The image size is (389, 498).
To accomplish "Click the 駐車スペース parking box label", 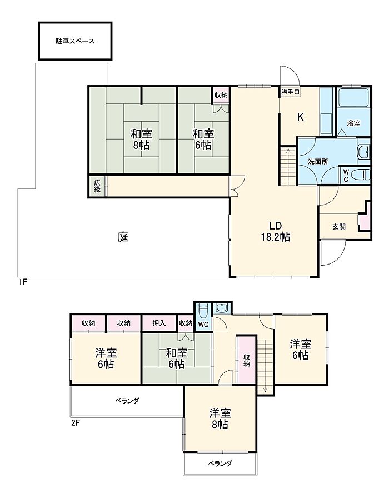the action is point(75,41).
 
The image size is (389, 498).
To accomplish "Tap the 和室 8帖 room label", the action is point(142,140).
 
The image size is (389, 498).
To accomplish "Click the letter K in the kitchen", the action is point(301,117).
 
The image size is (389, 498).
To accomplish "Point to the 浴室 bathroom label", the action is point(354,123).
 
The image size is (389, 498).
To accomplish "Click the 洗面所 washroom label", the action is point(318,161).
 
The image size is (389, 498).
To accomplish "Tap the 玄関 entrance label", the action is point(339,227).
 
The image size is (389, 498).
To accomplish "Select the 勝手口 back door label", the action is point(290,92).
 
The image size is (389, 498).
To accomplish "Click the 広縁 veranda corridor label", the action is point(97,186).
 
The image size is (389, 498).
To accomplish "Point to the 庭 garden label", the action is point(123,237).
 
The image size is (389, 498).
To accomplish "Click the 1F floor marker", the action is point(22,282).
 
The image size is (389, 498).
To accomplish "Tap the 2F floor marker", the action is point(75,423).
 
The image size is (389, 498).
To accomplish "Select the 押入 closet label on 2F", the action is point(159,323).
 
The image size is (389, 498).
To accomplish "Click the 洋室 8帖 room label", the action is point(220,419).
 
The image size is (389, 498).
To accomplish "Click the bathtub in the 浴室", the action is point(353,97).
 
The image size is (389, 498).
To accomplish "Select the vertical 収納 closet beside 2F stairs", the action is point(247,360).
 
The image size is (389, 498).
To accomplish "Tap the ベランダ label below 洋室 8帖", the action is point(220,464).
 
